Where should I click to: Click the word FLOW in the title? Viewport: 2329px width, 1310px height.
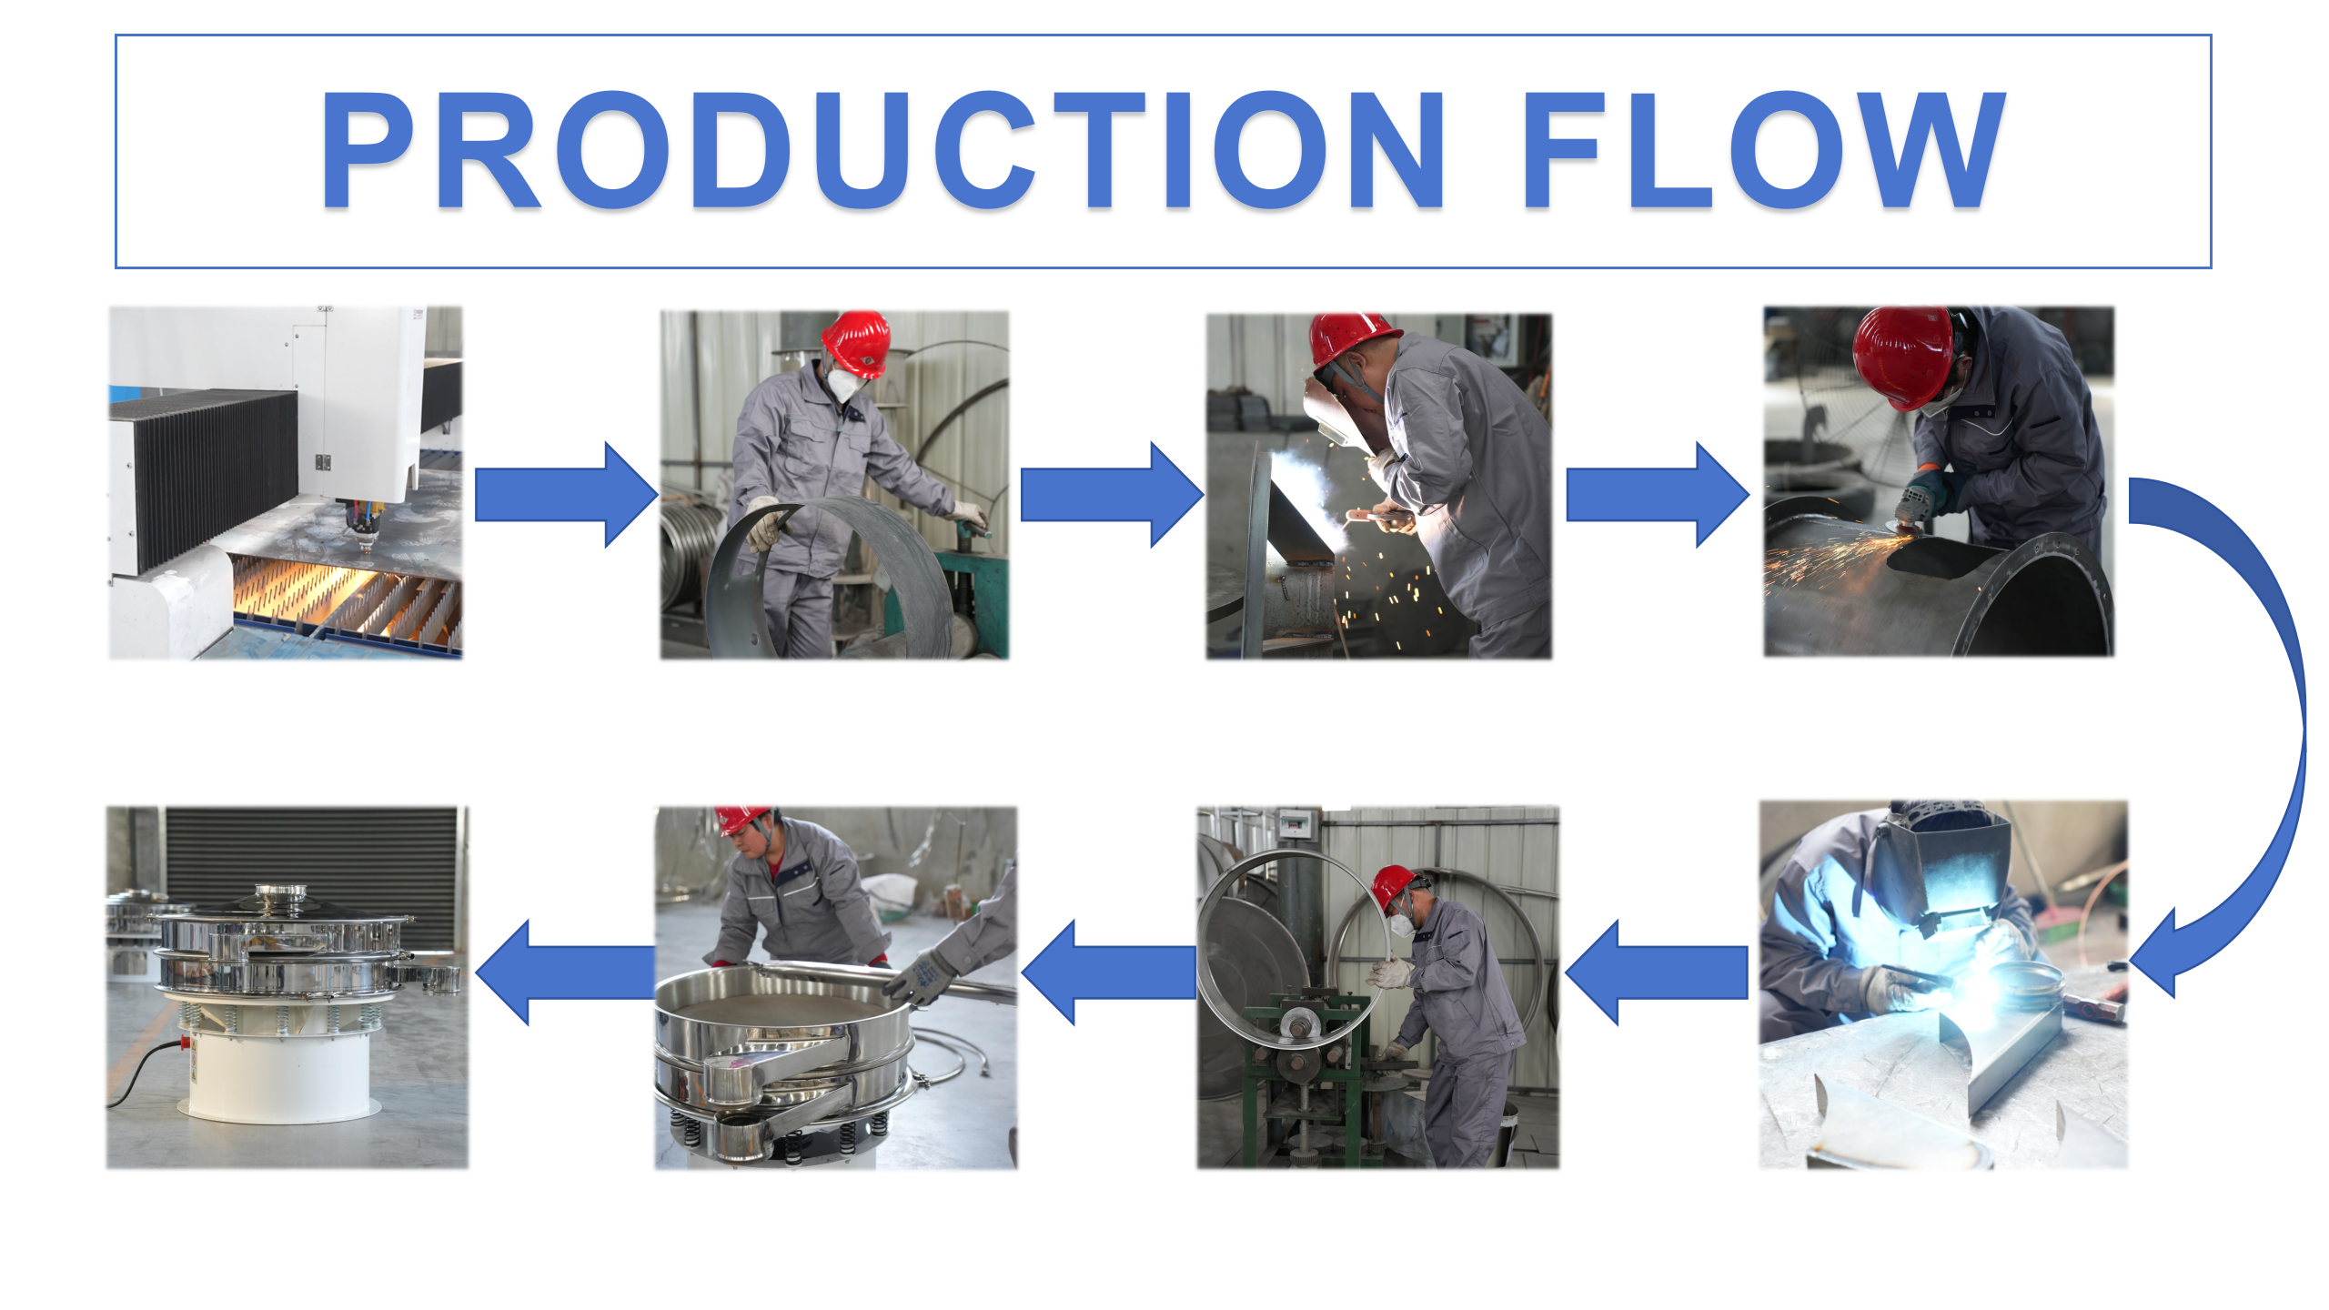[x=1765, y=150]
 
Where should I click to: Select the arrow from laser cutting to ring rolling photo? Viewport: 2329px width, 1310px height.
[x=566, y=495]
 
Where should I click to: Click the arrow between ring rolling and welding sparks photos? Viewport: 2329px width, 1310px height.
[x=1112, y=495]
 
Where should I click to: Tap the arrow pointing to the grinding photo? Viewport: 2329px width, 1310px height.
[x=1658, y=495]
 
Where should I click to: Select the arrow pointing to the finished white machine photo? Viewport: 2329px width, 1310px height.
[x=565, y=972]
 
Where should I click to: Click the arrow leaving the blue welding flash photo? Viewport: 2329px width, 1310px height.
[x=1657, y=972]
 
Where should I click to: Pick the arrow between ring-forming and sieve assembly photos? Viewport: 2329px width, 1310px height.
[x=1109, y=972]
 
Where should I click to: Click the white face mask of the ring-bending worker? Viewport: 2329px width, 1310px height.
[x=844, y=382]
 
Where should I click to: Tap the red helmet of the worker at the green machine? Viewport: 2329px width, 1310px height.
[x=1395, y=887]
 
